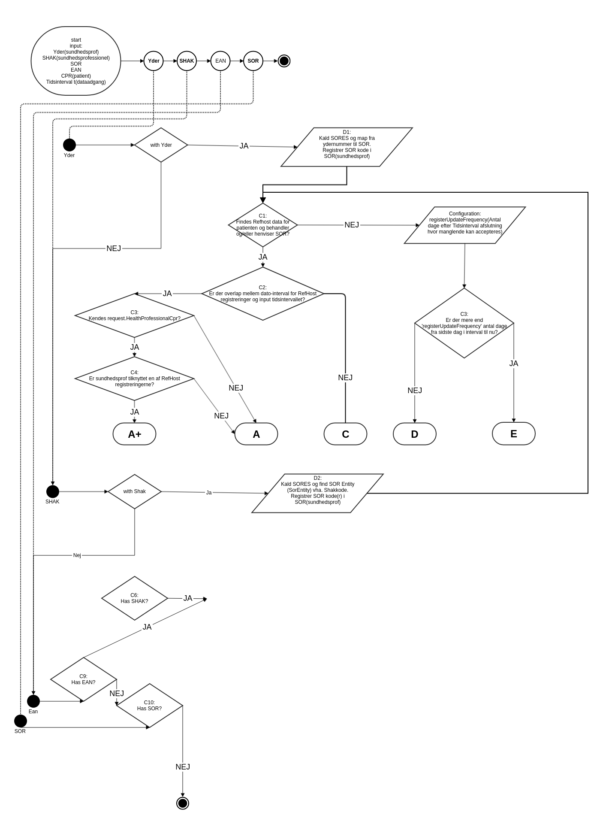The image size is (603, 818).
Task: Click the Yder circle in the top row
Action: click(154, 61)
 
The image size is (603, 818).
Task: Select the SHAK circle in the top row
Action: click(187, 61)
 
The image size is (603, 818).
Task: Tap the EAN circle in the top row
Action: click(220, 61)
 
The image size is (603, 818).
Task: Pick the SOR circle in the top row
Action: click(253, 61)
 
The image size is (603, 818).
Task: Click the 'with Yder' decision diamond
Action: click(161, 145)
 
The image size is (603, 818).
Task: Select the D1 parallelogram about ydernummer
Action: click(347, 147)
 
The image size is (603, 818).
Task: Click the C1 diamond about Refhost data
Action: click(263, 225)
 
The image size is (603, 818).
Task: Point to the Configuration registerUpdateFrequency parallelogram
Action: click(464, 225)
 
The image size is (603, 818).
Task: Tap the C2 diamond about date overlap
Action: click(263, 294)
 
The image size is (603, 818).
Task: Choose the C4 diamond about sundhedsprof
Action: click(135, 379)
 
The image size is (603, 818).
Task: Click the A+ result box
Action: click(135, 434)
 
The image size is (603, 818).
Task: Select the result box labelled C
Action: click(345, 434)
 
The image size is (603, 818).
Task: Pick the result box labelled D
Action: click(414, 434)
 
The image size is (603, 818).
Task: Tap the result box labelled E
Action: click(513, 433)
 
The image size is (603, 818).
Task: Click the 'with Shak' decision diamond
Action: click(135, 491)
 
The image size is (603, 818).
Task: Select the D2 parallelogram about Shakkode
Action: click(317, 493)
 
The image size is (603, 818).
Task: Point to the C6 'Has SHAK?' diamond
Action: click(135, 598)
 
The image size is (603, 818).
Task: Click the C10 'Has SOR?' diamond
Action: click(150, 706)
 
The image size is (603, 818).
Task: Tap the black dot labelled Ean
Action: click(33, 701)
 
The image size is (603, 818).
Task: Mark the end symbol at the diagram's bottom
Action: click(183, 803)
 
